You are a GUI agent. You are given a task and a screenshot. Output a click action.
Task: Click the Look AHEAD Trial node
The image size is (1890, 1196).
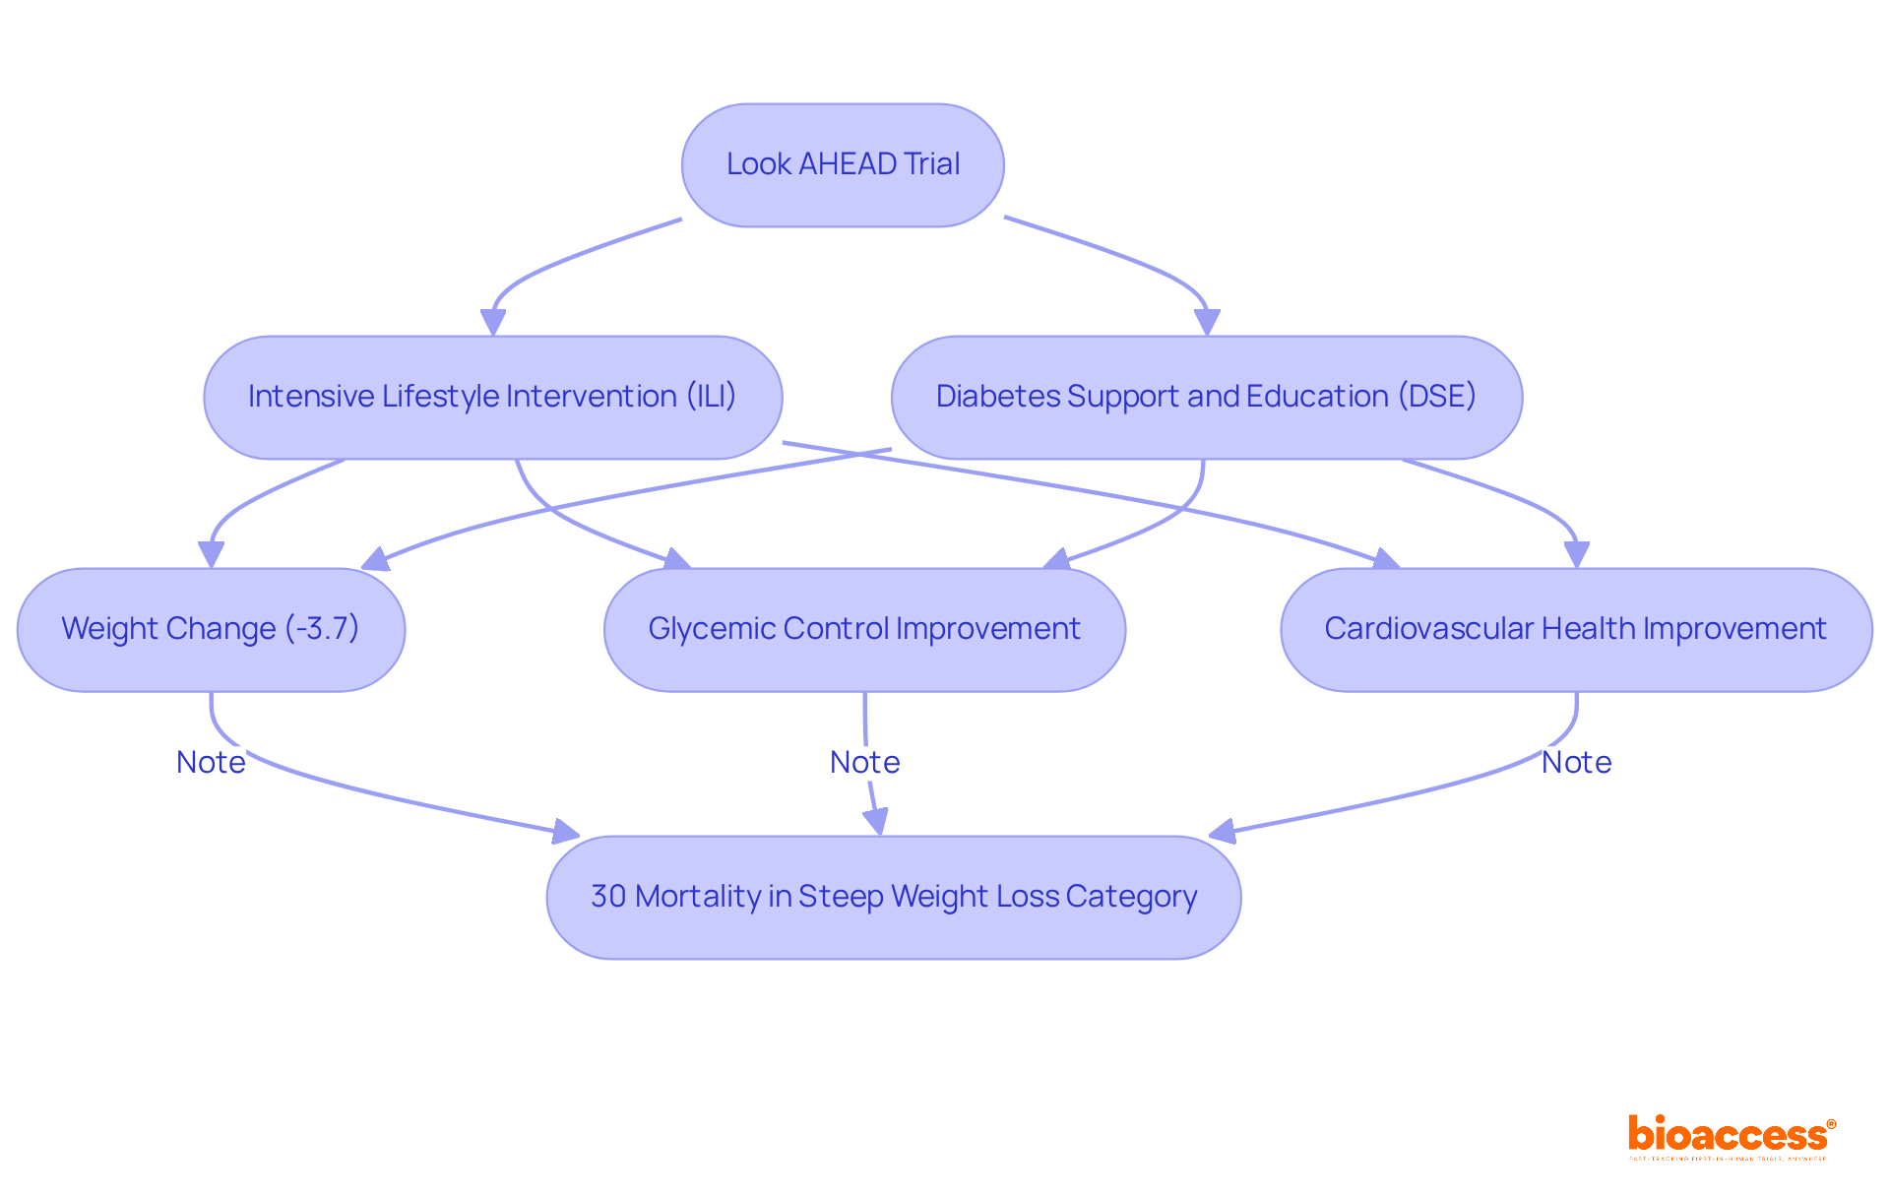point(843,165)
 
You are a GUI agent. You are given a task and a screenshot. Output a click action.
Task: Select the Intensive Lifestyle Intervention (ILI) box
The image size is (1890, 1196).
point(492,398)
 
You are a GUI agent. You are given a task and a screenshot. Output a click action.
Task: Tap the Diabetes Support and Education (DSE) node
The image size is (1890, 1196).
point(1207,398)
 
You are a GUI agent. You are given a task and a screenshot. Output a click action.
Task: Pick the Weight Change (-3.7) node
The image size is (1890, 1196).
point(211,630)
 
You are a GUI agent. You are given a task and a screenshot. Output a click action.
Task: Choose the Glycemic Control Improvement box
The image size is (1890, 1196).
point(864,630)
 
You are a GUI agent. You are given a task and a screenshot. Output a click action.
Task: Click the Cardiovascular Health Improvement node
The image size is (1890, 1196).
point(1576,630)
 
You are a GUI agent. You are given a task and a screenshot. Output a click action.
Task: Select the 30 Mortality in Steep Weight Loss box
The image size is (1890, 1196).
point(893,898)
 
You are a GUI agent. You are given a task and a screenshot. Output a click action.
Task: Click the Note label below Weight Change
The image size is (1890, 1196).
point(211,763)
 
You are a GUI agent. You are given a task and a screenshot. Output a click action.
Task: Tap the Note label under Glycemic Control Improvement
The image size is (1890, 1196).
point(864,763)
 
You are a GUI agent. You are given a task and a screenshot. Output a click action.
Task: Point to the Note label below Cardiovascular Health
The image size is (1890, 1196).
point(1576,763)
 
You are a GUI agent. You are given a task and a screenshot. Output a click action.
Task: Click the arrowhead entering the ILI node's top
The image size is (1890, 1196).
point(493,323)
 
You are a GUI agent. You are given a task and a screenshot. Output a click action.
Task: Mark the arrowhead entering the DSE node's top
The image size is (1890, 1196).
point(1207,323)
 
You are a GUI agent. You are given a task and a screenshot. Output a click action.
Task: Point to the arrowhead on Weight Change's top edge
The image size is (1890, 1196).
point(211,554)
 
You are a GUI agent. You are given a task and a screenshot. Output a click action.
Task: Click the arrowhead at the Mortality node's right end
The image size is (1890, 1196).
point(1223,833)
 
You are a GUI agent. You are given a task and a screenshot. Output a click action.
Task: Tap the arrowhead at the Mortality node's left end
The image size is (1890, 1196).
point(565,833)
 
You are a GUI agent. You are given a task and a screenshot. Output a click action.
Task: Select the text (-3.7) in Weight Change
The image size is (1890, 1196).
point(322,629)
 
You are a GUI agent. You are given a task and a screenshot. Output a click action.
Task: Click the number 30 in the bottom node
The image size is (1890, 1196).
point(608,897)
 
